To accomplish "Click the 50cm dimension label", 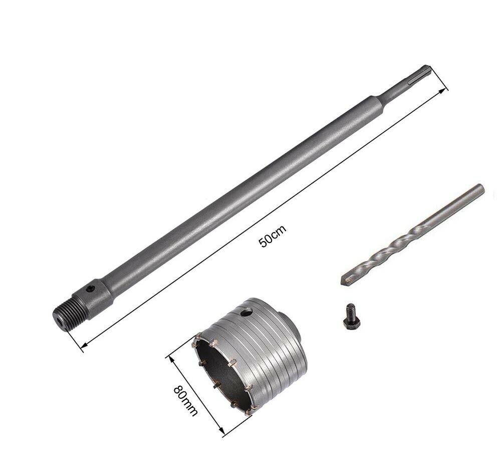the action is click(x=273, y=236).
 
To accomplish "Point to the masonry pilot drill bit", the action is click(x=412, y=235).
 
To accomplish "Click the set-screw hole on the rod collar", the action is click(x=91, y=289).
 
